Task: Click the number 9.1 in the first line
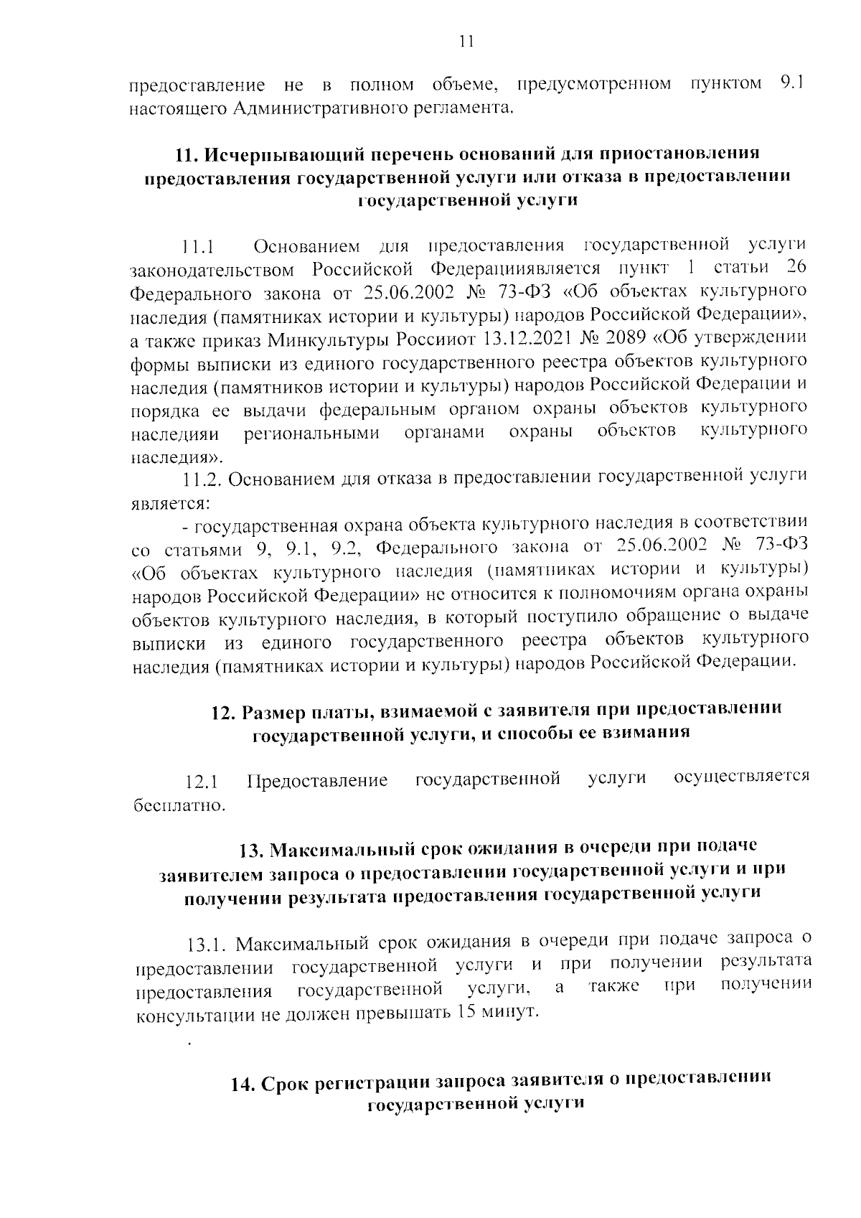789,85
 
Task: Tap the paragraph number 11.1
199,248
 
